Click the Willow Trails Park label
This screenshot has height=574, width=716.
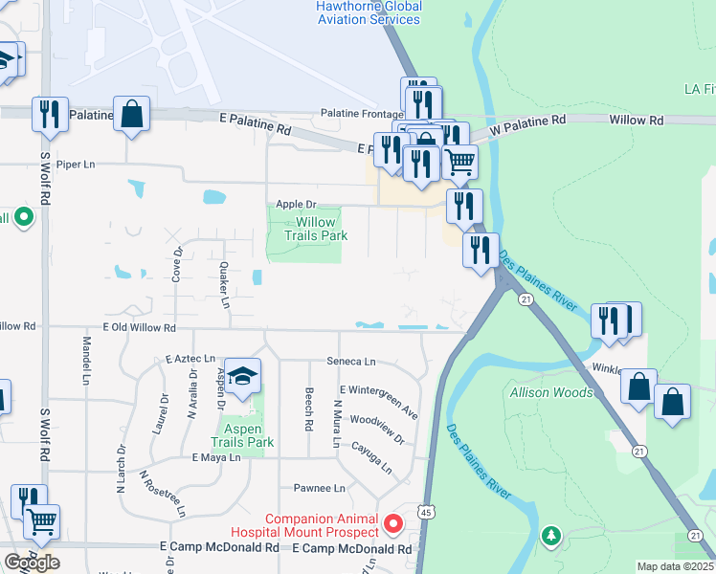point(315,229)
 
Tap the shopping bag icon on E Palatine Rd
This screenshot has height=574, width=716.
point(131,114)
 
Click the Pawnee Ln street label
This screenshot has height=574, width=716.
point(319,488)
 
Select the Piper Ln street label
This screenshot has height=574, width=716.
point(76,165)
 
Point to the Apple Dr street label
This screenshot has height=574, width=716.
point(295,205)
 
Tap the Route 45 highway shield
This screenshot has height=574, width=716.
point(422,514)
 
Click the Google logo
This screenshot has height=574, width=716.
point(33,562)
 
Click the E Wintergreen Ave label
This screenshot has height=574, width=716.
point(380,402)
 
